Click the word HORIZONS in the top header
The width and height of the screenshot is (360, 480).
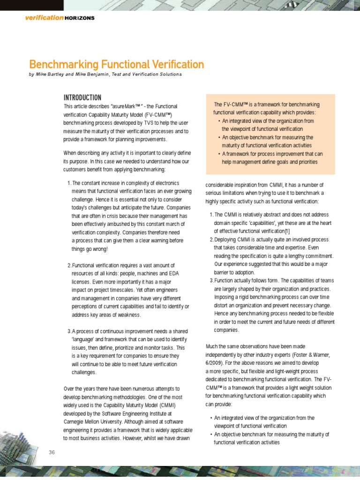pos(80,18)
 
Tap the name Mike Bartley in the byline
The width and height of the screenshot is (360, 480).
pos(50,75)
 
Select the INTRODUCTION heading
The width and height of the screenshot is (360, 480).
pos(82,97)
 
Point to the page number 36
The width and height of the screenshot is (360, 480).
pos(52,452)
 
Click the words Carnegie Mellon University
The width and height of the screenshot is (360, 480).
pos(94,422)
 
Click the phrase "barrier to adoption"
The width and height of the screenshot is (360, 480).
pos(234,272)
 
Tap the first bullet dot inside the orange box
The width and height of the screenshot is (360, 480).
pos(220,121)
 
